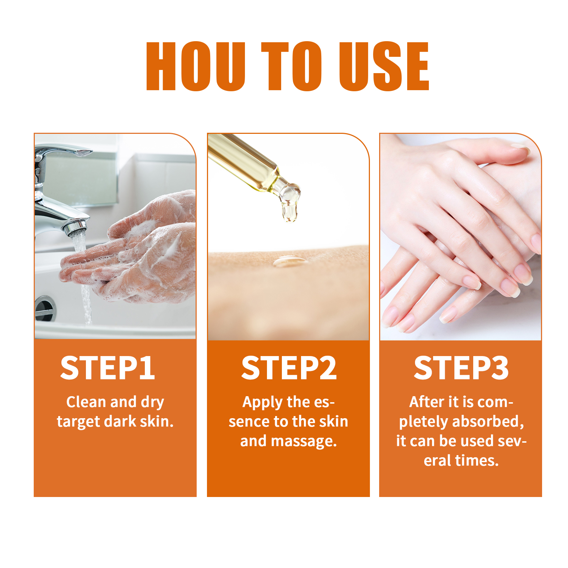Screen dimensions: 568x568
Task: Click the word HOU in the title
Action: pyautogui.click(x=196, y=66)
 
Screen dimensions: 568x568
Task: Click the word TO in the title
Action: pyautogui.click(x=291, y=66)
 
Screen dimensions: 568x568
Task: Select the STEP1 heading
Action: pyautogui.click(x=108, y=368)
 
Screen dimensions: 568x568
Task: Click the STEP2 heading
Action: pyautogui.click(x=289, y=368)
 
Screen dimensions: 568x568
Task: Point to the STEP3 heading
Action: pyautogui.click(x=461, y=368)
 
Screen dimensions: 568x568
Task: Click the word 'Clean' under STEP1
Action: pyautogui.click(x=86, y=402)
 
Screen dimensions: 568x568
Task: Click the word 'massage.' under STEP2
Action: pyautogui.click(x=304, y=441)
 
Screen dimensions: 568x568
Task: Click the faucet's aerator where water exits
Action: pyautogui.click(x=77, y=229)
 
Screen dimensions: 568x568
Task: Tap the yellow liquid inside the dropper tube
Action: pyautogui.click(x=245, y=162)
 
